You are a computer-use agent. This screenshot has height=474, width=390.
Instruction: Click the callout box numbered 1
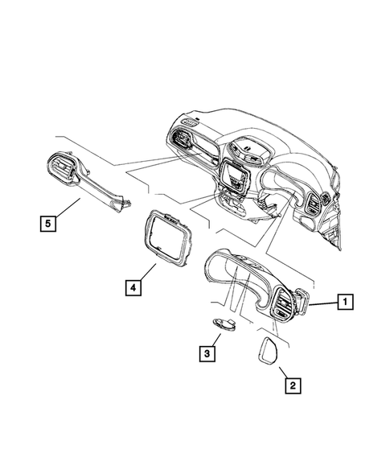343,303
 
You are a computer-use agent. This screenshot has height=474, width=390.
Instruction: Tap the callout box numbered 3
207,352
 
